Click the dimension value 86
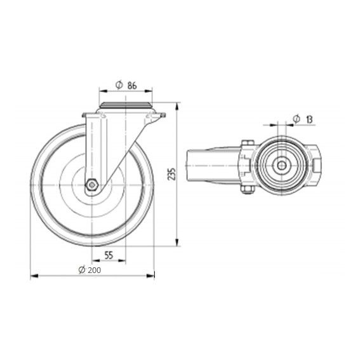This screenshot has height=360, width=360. (132, 86)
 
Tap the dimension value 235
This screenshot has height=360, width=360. (171, 174)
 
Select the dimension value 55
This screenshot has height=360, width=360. (109, 255)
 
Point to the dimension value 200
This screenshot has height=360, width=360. (95, 270)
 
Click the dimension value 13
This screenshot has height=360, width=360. (309, 119)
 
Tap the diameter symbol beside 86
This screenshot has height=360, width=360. (119, 85)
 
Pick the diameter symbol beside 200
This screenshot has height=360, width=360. (82, 270)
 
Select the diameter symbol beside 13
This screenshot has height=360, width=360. (297, 119)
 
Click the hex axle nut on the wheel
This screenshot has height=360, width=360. (92, 184)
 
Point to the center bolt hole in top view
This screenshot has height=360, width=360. (281, 165)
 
